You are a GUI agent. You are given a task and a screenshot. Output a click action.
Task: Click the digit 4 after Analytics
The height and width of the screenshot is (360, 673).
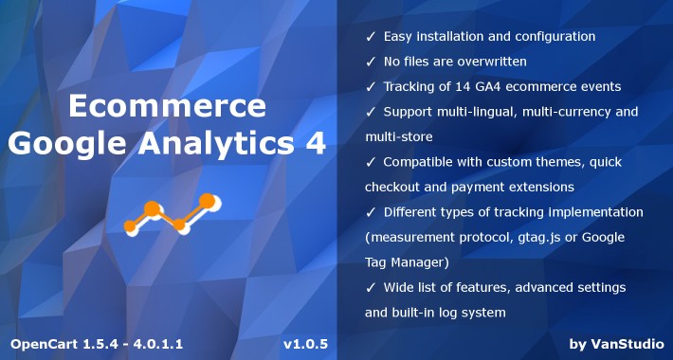tap(318, 145)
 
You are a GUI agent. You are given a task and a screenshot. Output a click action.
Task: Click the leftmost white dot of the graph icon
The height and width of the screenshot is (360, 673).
tap(132, 225)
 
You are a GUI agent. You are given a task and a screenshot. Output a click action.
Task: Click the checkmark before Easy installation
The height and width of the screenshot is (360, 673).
tap(370, 36)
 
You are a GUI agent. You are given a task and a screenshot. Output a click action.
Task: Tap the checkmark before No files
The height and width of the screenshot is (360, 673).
tap(370, 62)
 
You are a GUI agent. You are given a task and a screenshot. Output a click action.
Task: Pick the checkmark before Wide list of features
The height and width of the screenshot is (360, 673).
tap(370, 287)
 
